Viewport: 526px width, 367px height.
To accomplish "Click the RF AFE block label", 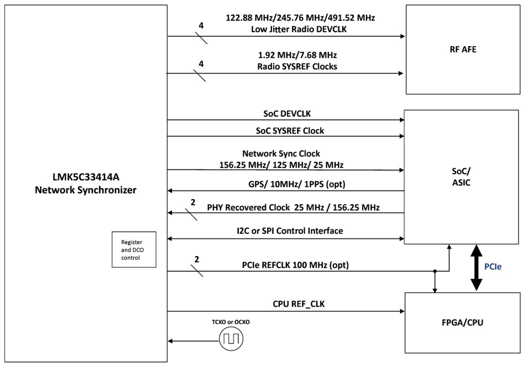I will pyautogui.click(x=462, y=49).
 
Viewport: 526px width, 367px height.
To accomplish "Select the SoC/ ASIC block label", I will pyautogui.click(x=461, y=177).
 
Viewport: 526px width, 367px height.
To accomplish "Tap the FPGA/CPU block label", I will pyautogui.click(x=462, y=323).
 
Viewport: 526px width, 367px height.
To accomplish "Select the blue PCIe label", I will pyautogui.click(x=493, y=267).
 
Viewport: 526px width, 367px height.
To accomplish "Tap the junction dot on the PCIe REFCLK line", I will pyautogui.click(x=435, y=272).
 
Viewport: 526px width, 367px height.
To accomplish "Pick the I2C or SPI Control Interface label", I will pyautogui.click(x=290, y=231).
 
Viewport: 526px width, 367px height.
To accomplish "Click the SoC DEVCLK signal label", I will pyautogui.click(x=287, y=114).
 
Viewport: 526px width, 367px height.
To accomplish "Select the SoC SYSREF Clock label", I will pyautogui.click(x=287, y=130).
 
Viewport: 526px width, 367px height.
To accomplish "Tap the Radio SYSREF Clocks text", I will pyautogui.click(x=297, y=67).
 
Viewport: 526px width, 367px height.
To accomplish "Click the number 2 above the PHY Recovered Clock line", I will pyautogui.click(x=193, y=202).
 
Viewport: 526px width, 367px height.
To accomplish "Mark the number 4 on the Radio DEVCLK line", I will pyautogui.click(x=201, y=25).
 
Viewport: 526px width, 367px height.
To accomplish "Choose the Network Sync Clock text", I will pyautogui.click(x=281, y=154).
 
